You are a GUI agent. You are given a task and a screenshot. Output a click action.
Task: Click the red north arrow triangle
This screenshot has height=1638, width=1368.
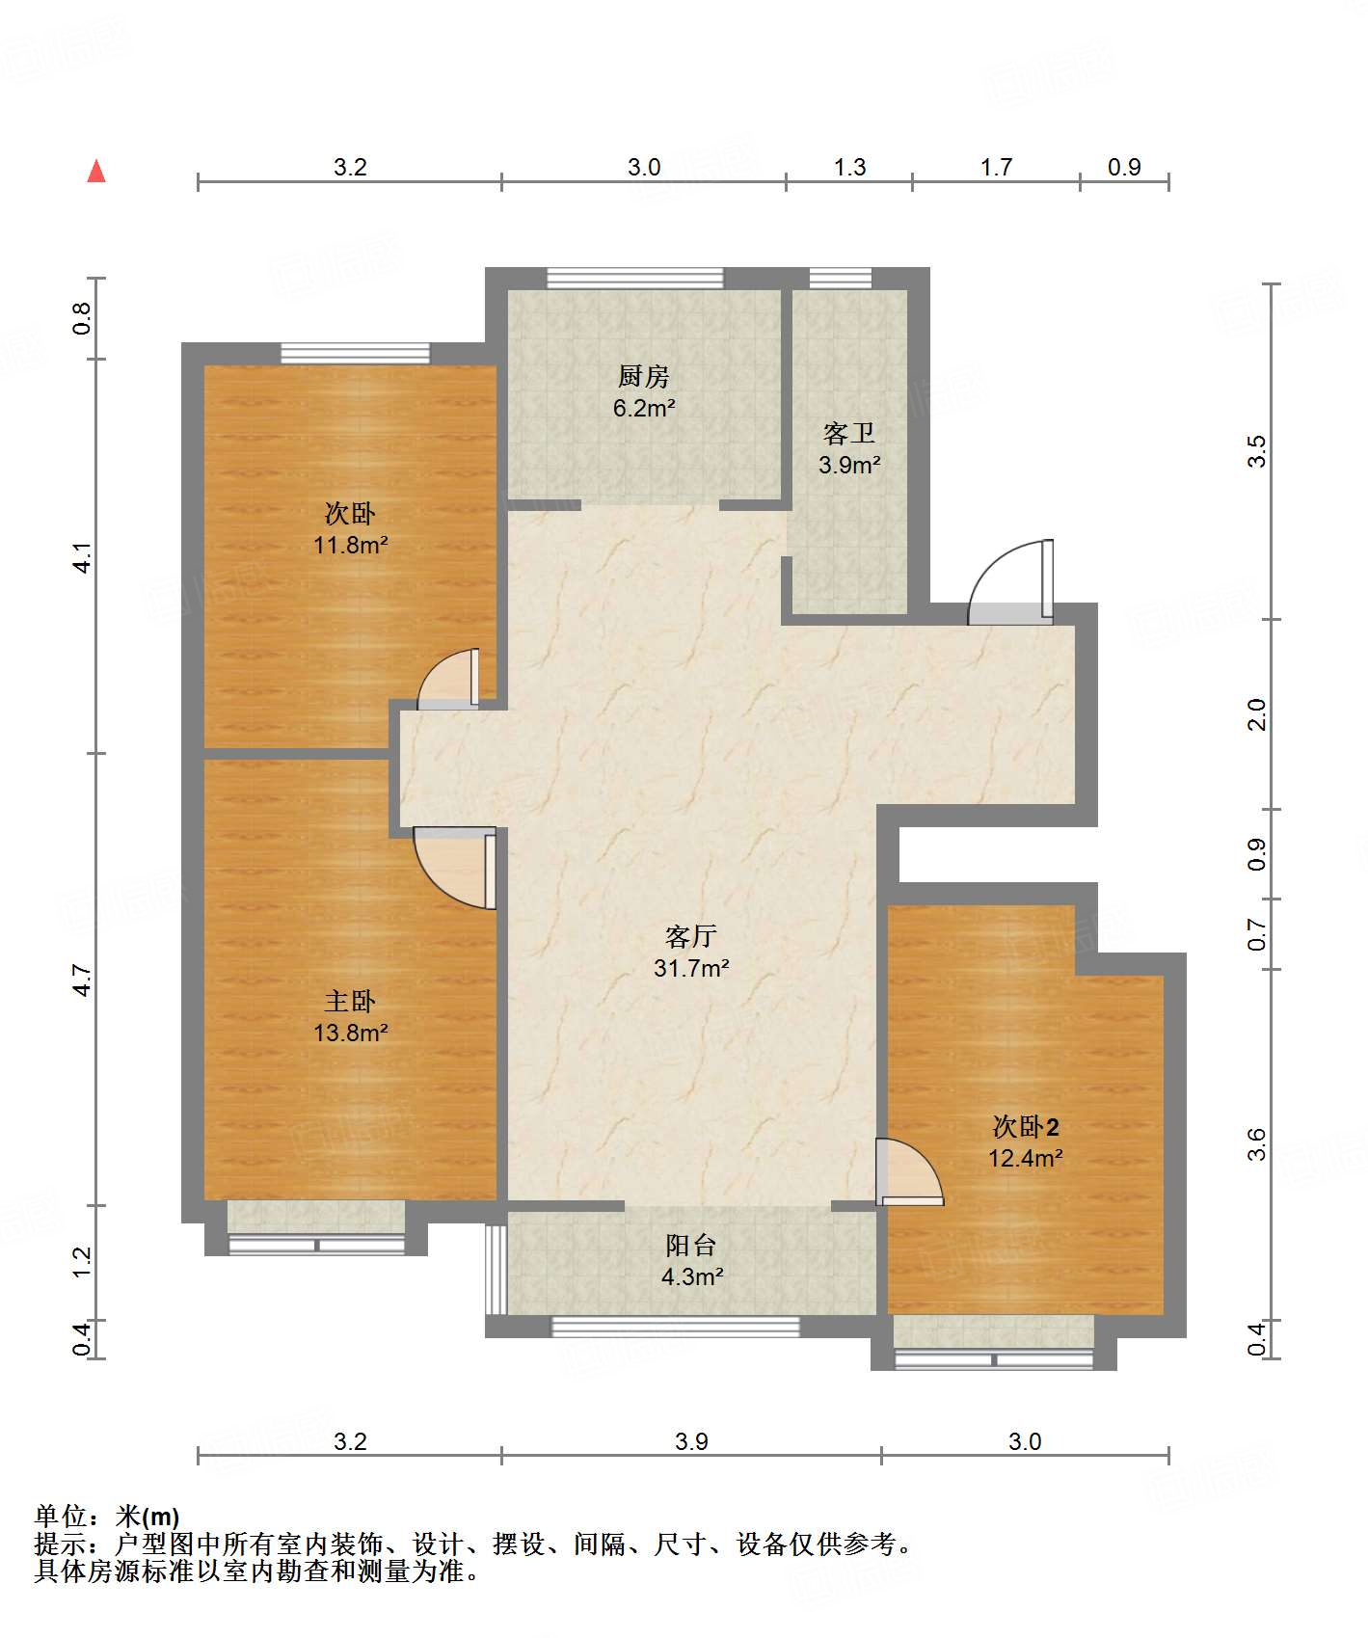96,171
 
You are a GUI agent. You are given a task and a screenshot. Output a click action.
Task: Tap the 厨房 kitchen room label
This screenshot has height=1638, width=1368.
643,376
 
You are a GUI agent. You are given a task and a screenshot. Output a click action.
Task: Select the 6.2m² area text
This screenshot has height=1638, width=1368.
644,408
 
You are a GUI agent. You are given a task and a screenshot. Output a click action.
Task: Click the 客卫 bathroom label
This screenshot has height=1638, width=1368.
849,434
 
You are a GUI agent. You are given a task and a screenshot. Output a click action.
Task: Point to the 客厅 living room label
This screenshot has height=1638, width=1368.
691,936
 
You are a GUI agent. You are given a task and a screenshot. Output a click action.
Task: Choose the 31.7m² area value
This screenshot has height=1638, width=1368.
691,968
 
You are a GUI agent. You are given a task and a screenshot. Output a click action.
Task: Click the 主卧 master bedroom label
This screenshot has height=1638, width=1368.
350,1001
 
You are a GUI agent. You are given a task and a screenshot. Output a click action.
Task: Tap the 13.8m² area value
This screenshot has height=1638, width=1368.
350,1033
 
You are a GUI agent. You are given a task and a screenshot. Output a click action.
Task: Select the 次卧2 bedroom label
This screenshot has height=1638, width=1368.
1026,1126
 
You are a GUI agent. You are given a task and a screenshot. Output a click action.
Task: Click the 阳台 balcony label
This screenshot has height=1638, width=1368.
691,1246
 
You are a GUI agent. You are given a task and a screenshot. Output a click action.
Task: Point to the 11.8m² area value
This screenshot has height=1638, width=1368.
350,545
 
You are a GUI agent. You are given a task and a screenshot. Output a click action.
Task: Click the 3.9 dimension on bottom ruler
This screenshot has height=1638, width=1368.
691,1441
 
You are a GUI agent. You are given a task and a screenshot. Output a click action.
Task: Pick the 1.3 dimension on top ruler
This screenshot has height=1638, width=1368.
849,167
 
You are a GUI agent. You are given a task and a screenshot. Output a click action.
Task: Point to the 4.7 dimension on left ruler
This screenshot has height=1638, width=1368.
82,980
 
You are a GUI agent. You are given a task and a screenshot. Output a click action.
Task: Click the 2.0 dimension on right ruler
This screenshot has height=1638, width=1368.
1256,714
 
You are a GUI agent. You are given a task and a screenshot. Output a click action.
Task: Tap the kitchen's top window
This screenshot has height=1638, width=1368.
635,278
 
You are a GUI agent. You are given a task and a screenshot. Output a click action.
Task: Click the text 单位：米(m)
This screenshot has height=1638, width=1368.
107,1517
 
